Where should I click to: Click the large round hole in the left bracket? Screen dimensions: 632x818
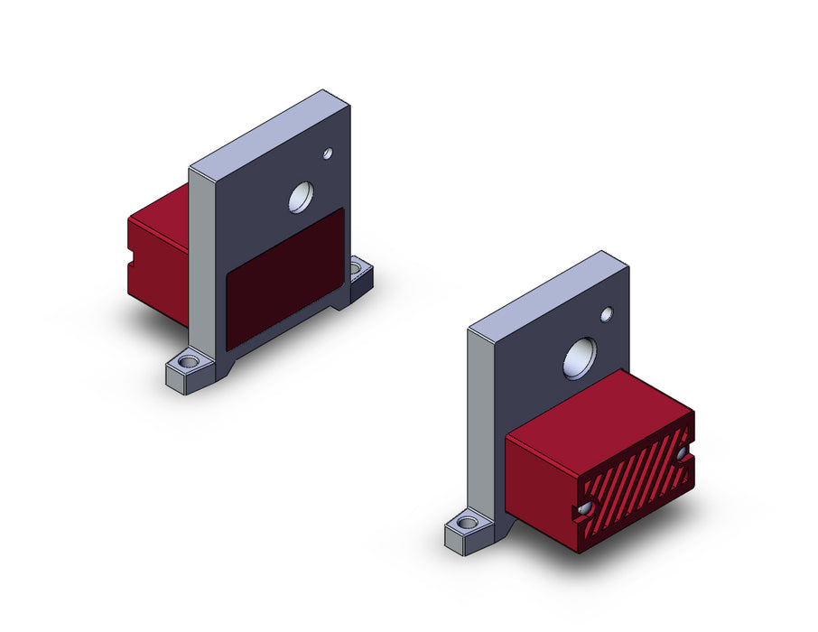pos(301,197)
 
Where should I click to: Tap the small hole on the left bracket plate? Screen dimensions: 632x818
pos(328,153)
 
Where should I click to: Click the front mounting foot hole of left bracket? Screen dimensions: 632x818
pos(188,363)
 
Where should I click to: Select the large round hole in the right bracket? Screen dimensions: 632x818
pos(579,358)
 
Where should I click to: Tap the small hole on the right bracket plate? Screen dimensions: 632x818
pos(607,314)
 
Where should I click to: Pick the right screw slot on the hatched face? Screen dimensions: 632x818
pos(682,455)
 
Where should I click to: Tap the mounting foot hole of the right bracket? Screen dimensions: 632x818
pos(468,523)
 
